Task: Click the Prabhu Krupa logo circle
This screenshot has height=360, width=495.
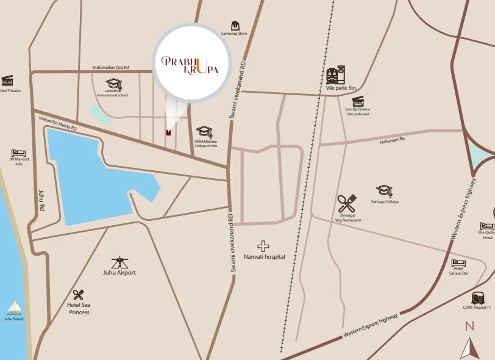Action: coord(192,63)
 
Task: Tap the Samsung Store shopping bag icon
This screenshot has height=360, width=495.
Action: coord(234,26)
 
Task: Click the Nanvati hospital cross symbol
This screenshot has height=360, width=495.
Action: coord(263,246)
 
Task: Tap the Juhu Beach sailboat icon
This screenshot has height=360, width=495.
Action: coord(14,308)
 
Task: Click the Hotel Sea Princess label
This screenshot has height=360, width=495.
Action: coord(78,308)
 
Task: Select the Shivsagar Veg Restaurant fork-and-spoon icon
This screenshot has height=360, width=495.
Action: coord(346,204)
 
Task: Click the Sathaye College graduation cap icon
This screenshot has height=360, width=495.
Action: coord(384,191)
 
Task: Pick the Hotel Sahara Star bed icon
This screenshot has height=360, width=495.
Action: coord(458,263)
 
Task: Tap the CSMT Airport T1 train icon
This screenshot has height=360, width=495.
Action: coord(479,298)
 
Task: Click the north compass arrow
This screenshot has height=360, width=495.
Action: coord(469,348)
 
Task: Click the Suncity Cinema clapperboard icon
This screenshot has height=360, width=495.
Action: coord(358,101)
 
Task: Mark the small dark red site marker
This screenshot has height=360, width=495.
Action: coord(168,131)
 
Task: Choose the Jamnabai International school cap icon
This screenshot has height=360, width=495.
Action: coord(114,83)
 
